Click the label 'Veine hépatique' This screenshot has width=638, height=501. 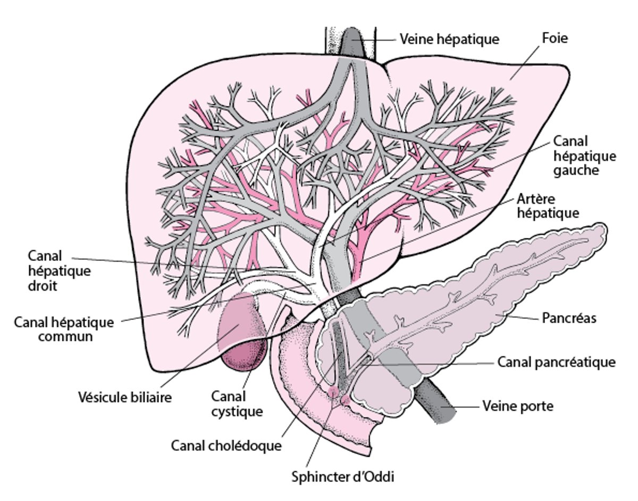click(449, 39)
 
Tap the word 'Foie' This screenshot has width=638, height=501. click(555, 38)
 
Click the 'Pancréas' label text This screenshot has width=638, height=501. click(569, 318)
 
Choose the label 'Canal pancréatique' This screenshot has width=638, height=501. click(556, 362)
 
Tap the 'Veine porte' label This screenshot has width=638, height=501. click(518, 406)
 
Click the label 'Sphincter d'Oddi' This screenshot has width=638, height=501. click(343, 477)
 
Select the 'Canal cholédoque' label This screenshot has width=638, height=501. click(226, 445)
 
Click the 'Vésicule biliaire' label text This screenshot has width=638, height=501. click(125, 397)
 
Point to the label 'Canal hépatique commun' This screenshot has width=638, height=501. click(64, 329)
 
